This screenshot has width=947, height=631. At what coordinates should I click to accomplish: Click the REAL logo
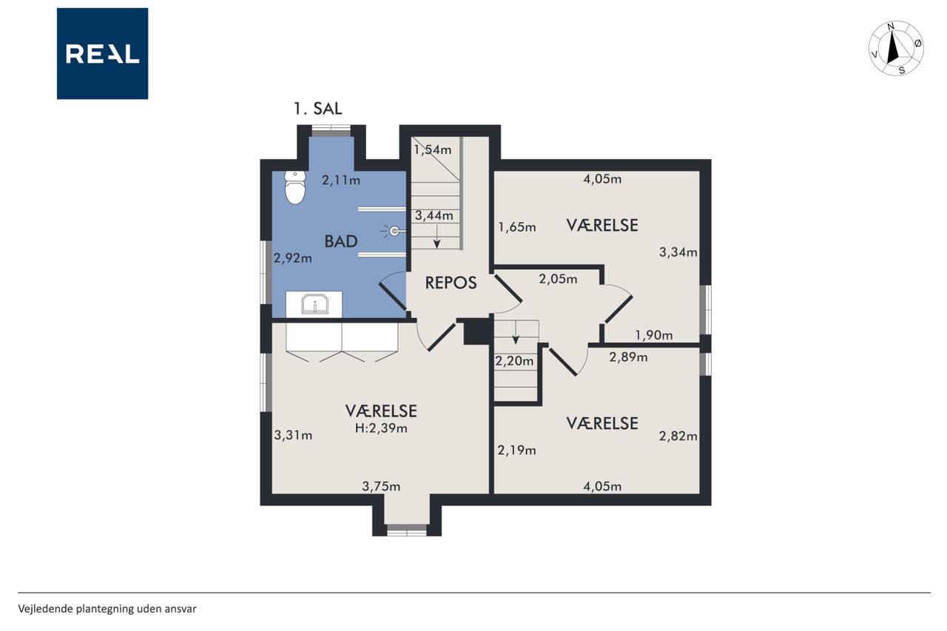(102, 54)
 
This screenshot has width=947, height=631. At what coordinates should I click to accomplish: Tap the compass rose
(896, 49)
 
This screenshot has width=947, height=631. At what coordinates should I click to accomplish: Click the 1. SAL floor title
(318, 109)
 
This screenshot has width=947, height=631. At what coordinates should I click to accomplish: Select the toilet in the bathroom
(295, 188)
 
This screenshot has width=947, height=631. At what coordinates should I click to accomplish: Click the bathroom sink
(314, 304)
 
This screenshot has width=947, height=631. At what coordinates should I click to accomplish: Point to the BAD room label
(341, 241)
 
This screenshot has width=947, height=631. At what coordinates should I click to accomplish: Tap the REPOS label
(451, 283)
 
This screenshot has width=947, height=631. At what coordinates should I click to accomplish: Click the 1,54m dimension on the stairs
(433, 149)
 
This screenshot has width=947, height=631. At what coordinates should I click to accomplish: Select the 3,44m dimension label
(434, 215)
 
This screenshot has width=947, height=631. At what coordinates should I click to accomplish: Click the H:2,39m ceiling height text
(381, 428)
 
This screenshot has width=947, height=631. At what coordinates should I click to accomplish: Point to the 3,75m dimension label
(381, 487)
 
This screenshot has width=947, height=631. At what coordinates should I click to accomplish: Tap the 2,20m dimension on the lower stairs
(514, 361)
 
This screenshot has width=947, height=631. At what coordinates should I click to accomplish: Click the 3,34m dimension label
(678, 252)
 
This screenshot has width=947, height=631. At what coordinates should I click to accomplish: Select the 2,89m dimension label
(628, 357)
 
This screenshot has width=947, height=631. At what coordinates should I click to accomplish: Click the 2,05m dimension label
(558, 279)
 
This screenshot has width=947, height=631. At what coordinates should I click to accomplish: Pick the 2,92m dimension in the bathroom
(292, 258)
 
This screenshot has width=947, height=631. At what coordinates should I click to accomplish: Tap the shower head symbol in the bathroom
(394, 231)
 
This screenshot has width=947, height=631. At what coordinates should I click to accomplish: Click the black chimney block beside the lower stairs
(477, 331)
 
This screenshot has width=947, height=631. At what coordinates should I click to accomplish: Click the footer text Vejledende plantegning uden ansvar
(107, 609)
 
